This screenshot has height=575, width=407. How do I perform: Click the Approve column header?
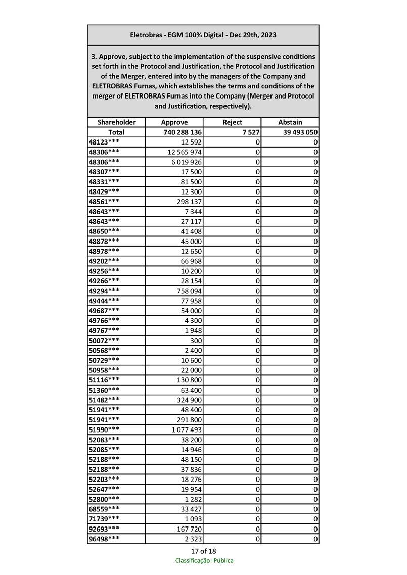click(174, 122)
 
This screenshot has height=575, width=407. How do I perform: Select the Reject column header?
click(232, 122)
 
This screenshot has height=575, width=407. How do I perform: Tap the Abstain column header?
click(290, 122)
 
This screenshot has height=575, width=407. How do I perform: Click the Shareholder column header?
click(116, 122)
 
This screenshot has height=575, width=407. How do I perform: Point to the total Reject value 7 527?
click(251, 132)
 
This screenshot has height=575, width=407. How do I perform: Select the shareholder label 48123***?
click(104, 142)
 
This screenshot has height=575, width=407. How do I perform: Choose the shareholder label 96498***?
click(104, 539)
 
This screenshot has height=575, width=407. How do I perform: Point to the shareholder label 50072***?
click(104, 340)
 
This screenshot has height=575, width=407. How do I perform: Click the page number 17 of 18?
click(203, 551)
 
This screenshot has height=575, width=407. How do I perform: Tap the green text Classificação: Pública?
click(204, 561)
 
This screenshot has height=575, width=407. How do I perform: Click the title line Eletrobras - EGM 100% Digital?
click(203, 35)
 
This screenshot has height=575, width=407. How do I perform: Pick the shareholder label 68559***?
click(104, 509)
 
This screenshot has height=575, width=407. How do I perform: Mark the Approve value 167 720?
click(188, 529)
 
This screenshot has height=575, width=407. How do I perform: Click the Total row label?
click(116, 132)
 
